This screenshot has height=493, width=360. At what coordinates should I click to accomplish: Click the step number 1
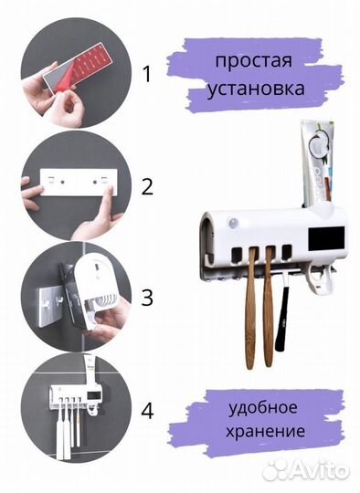[147, 74]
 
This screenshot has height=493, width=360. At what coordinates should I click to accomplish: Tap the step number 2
[147, 187]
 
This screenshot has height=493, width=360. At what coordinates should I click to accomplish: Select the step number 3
[147, 298]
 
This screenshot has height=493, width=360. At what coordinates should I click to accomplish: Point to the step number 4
[147, 411]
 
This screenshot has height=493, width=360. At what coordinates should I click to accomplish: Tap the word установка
[256, 89]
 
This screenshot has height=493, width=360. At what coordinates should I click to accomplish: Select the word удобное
[262, 407]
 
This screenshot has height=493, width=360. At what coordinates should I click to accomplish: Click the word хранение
[265, 431]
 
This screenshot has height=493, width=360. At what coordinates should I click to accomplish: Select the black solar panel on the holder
[326, 239]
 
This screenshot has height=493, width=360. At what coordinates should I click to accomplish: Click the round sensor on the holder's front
[234, 225]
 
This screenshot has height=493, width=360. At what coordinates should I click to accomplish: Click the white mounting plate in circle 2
[79, 182]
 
